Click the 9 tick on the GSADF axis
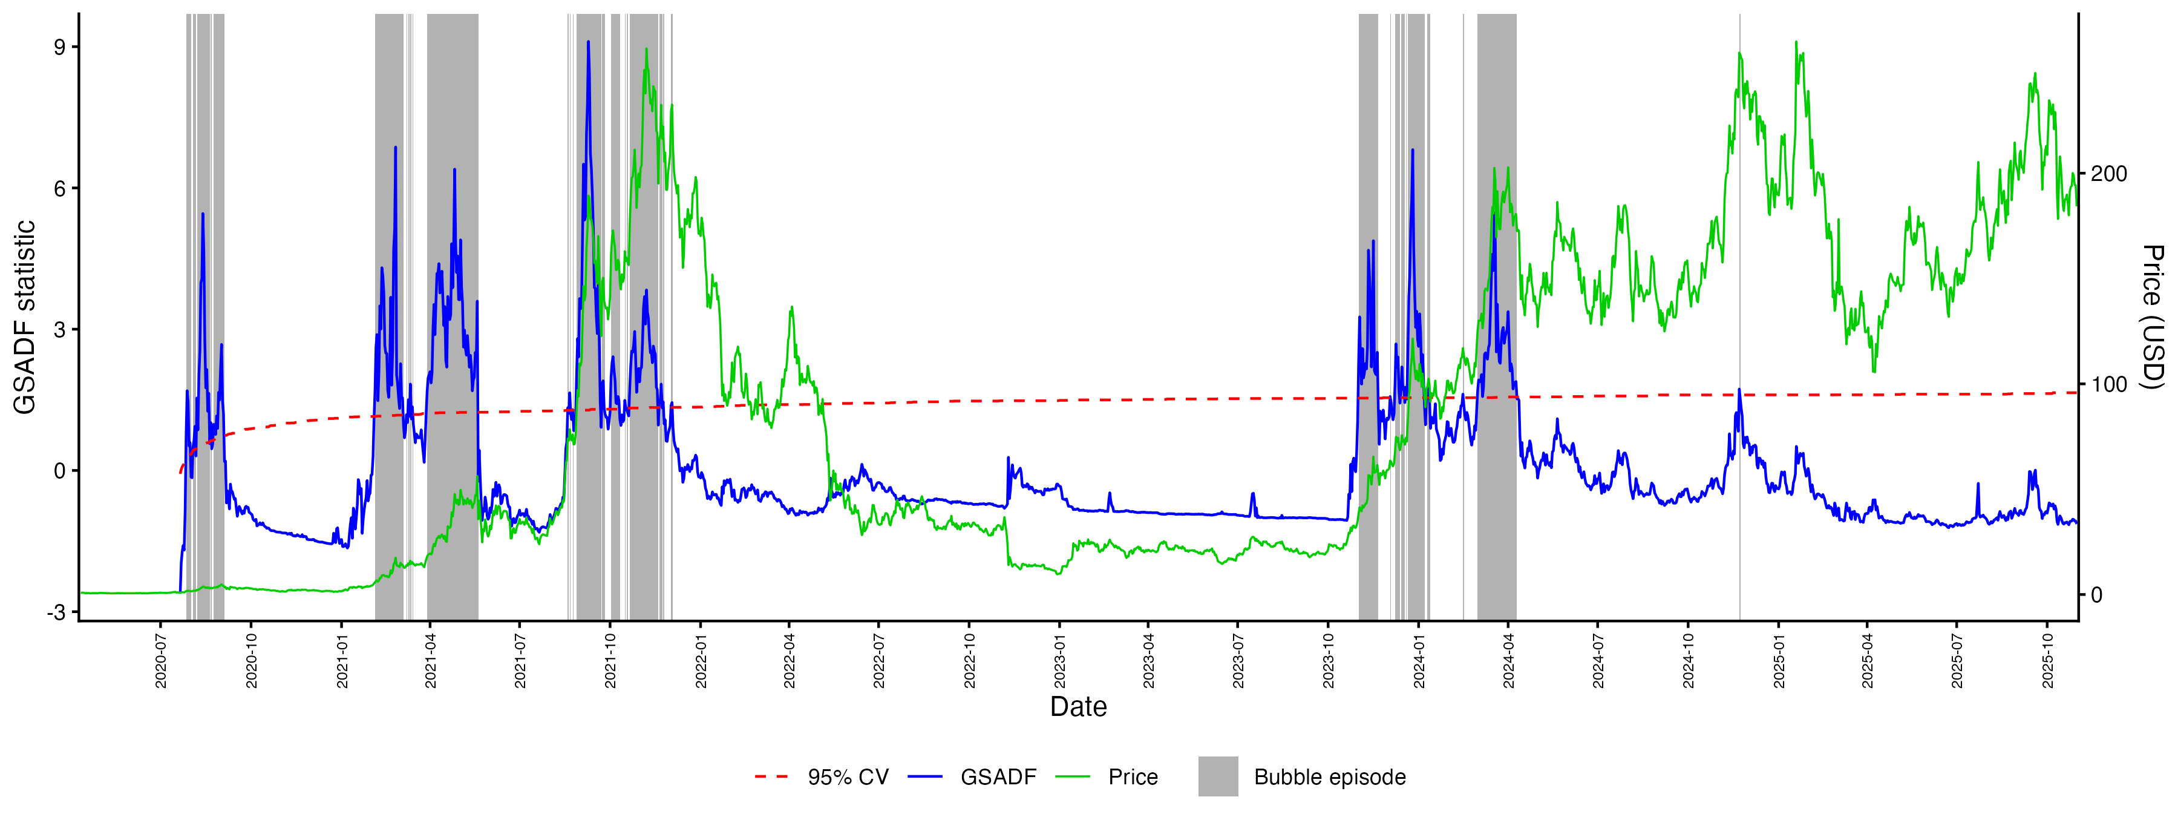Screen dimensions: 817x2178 click(59, 47)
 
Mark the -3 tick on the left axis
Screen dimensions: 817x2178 click(57, 612)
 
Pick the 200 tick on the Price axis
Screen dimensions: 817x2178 click(2108, 174)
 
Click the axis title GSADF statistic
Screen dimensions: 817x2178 click(25, 317)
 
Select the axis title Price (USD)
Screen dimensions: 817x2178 click(2153, 317)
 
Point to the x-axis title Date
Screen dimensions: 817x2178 click(1078, 707)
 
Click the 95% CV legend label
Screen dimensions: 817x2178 click(848, 777)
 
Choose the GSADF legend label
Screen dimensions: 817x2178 click(998, 777)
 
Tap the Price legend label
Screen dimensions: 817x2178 click(1133, 777)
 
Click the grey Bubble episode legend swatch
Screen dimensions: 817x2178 click(1217, 776)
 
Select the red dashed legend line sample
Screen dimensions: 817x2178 click(771, 776)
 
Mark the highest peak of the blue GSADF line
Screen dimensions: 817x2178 click(589, 41)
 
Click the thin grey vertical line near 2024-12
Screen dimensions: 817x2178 click(1739, 254)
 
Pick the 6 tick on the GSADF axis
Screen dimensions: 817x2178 click(59, 189)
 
